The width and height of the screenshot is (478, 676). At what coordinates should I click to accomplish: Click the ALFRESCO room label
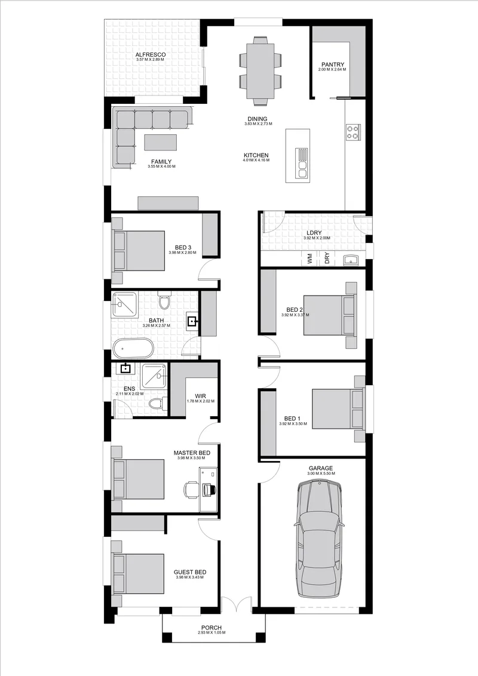(x=151, y=55)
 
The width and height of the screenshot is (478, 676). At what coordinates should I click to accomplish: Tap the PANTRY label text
(x=333, y=64)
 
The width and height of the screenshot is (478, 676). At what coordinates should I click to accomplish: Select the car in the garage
(x=319, y=539)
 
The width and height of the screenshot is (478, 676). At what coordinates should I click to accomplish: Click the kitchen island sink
(x=302, y=162)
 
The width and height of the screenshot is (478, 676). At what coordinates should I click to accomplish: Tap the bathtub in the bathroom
(x=133, y=348)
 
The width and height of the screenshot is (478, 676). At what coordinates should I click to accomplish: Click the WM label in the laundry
(x=310, y=258)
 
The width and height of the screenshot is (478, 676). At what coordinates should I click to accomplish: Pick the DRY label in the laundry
(x=327, y=258)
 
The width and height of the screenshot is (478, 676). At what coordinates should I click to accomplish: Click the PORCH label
(x=212, y=628)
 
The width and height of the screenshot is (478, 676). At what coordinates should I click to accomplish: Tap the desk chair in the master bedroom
(x=191, y=489)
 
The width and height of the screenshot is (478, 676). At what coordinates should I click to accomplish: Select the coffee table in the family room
(x=161, y=142)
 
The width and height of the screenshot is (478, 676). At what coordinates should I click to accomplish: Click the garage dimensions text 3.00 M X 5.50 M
(x=320, y=474)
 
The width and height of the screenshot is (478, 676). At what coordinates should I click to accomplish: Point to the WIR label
(x=200, y=396)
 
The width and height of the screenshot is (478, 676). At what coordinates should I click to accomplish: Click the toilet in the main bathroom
(x=164, y=301)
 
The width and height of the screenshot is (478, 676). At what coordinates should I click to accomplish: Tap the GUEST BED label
(x=190, y=572)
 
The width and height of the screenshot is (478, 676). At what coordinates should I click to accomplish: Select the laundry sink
(x=351, y=260)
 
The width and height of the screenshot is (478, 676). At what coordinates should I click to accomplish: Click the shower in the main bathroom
(x=125, y=306)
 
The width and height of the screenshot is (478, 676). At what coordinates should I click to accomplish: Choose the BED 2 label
(x=295, y=309)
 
